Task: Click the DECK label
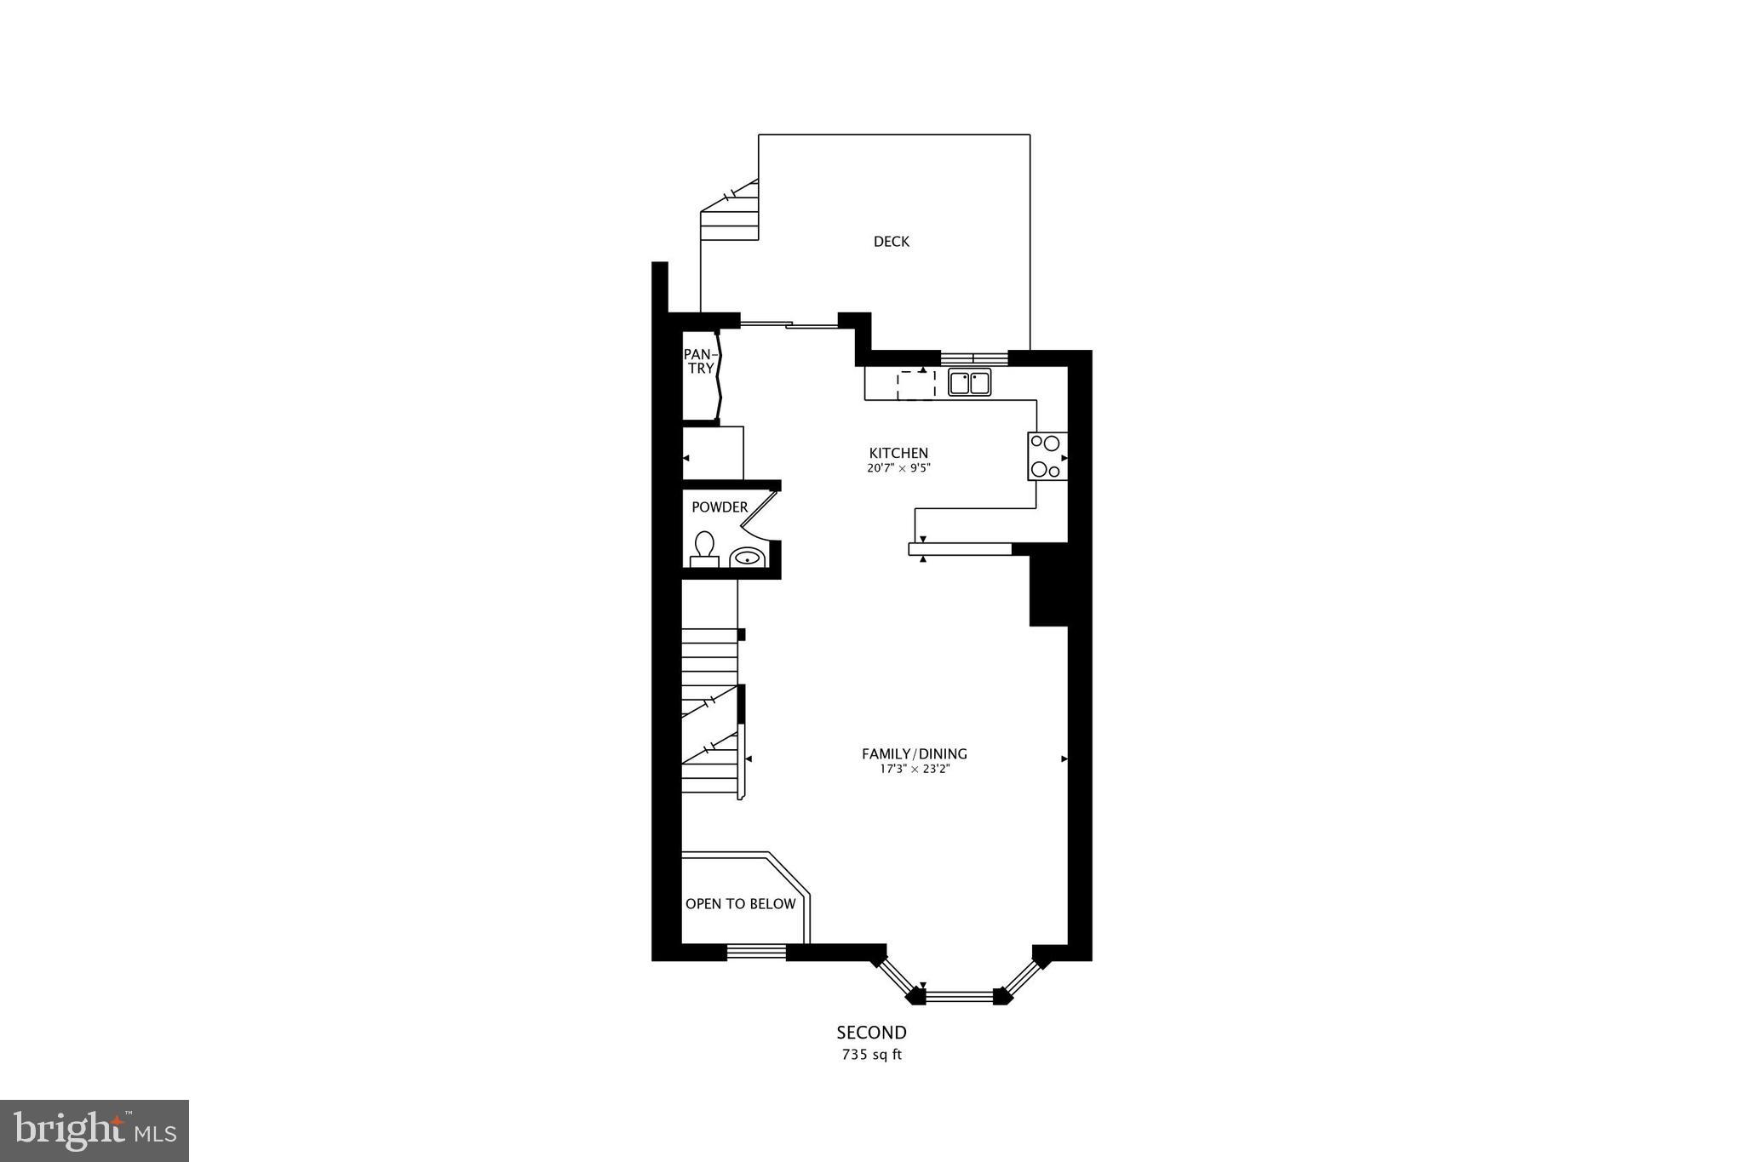891,242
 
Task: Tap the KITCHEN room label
898,453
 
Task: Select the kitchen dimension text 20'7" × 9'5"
898,468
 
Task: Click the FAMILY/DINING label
915,753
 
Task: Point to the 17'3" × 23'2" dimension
915,770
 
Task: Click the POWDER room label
720,507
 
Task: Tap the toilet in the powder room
704,548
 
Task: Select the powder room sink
747,558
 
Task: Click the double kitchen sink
969,383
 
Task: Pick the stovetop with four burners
1047,456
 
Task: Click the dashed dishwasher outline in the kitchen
916,385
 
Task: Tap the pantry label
700,361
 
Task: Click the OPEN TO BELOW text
740,904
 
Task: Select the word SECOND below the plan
871,1033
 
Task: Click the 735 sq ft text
871,1056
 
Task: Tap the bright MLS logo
95,1131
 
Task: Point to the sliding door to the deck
789,323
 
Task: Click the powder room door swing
760,514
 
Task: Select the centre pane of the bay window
959,996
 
